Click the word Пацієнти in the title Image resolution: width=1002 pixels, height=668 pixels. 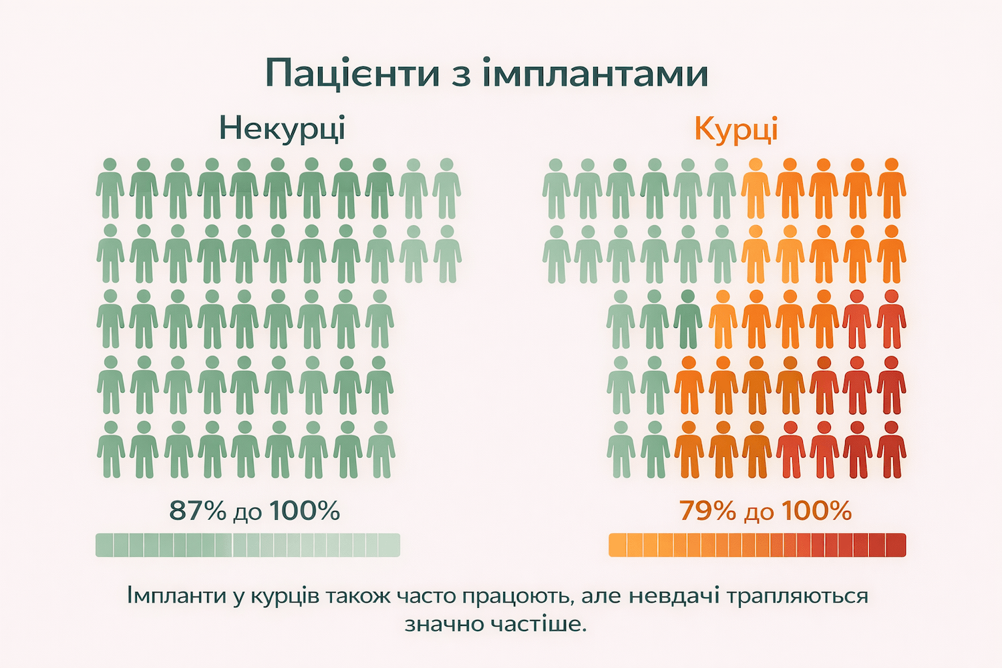352,73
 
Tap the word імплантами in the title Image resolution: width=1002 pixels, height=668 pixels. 595,73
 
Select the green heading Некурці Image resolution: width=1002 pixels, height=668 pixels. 282,128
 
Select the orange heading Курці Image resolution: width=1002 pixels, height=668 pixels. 736,128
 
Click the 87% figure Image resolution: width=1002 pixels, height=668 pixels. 198,511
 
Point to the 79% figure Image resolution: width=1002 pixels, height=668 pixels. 707,511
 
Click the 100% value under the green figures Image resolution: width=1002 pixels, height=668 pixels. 305,511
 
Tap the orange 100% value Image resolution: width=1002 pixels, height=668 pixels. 816,511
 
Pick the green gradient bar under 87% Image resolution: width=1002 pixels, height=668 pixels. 248,545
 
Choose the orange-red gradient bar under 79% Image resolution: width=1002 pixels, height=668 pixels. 757,545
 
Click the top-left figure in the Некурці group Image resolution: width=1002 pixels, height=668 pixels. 110,189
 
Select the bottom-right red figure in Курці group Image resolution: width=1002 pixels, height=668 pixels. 891,450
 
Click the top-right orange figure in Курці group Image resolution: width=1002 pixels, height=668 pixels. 891,189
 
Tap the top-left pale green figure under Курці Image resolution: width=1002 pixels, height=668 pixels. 556,189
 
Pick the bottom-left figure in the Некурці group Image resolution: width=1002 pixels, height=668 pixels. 111,450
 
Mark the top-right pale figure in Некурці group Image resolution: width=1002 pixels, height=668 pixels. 446,189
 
